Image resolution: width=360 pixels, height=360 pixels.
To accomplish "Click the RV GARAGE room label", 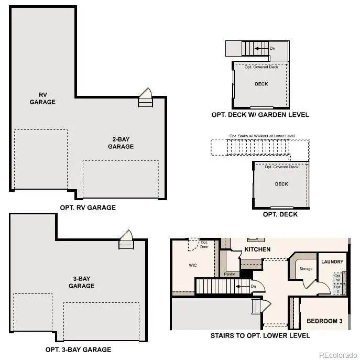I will tap(42, 99).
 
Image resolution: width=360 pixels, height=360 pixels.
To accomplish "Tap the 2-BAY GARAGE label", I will tap(121, 143).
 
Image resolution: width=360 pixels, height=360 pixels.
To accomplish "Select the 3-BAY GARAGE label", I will tap(81, 282).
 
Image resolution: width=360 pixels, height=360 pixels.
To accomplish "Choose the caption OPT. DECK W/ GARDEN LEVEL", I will tap(260, 115).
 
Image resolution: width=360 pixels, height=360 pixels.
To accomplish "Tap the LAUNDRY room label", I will tap(333, 261).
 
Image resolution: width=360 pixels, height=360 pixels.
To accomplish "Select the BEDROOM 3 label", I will tap(324, 321).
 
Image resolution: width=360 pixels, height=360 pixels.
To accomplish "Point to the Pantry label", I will tap(228, 274).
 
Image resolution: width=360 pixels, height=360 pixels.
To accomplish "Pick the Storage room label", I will tap(306, 269).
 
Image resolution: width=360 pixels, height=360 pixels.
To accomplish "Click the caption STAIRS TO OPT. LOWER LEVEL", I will tap(260, 335).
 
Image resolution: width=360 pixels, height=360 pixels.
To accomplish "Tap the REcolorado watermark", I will tap(338, 354).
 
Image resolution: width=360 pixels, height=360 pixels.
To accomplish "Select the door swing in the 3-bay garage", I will tap(127, 236).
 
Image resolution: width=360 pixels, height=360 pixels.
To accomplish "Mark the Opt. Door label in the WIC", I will tap(204, 245).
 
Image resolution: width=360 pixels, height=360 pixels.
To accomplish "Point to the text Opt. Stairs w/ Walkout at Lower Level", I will tap(262, 136).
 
